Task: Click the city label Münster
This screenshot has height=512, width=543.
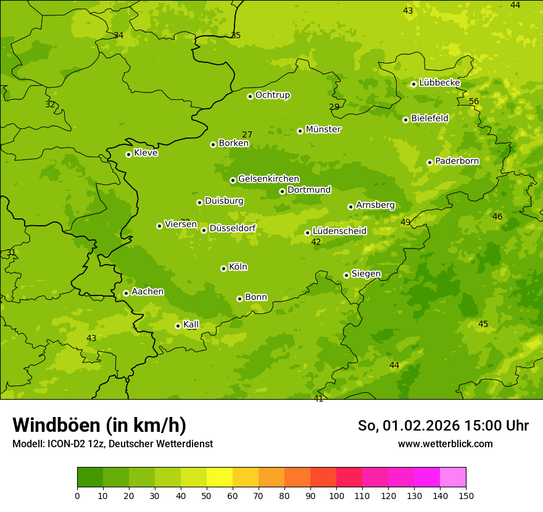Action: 323,130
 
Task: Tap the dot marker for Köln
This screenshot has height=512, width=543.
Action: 223,268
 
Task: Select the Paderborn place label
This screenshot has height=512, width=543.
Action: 457,161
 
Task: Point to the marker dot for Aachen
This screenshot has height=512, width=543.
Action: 126,293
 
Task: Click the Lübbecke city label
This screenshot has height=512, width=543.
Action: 439,83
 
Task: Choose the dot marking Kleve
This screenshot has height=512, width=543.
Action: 128,154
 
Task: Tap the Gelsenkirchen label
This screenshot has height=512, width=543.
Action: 268,179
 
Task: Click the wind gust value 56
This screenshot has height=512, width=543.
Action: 474,101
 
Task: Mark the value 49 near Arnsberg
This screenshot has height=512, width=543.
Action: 405,222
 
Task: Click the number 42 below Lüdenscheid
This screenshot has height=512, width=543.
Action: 316,242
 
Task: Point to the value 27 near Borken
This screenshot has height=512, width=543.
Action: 247,134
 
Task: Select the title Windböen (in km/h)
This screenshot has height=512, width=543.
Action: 99,425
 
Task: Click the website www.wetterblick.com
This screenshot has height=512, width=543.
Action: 445,444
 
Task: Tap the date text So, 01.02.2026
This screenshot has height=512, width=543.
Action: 408,426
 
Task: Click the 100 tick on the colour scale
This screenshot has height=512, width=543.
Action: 336,495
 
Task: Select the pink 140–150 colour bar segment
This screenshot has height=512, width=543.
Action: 453,477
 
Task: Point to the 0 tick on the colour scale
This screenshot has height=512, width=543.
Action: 77,495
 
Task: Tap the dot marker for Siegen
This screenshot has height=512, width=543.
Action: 346,275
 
